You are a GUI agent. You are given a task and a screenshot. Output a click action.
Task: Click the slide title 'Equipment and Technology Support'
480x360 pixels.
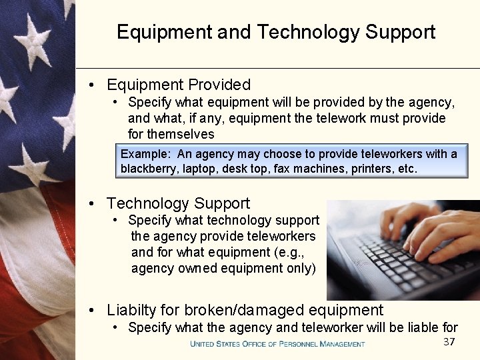pyautogui.click(x=276, y=32)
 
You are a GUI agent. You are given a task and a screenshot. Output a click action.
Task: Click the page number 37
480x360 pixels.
pyautogui.click(x=449, y=342)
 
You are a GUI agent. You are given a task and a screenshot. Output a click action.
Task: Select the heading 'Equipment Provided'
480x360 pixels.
pyautogui.click(x=179, y=85)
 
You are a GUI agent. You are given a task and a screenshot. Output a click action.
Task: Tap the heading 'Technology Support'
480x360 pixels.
pyautogui.click(x=178, y=203)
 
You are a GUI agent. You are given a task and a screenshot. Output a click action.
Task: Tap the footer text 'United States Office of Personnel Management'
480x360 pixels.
pyautogui.click(x=277, y=344)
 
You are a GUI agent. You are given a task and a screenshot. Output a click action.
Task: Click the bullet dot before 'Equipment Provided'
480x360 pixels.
pyautogui.click(x=93, y=85)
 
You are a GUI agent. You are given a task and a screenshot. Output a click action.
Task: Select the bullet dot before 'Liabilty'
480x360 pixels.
pyautogui.click(x=93, y=310)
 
